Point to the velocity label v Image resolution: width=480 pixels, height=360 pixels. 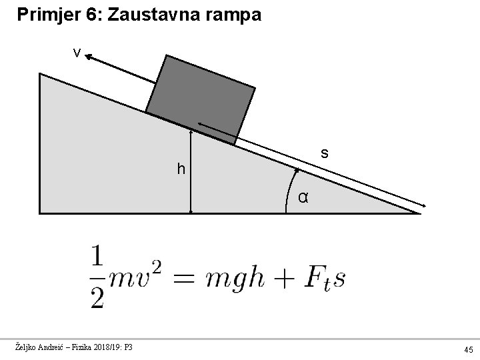[77, 53]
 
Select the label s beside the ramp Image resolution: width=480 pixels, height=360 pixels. [324, 153]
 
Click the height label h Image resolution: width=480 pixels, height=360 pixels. [181, 170]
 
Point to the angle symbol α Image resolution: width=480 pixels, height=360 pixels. [303, 197]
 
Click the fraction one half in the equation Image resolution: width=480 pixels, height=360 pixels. [97, 277]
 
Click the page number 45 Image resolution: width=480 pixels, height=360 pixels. [469, 349]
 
